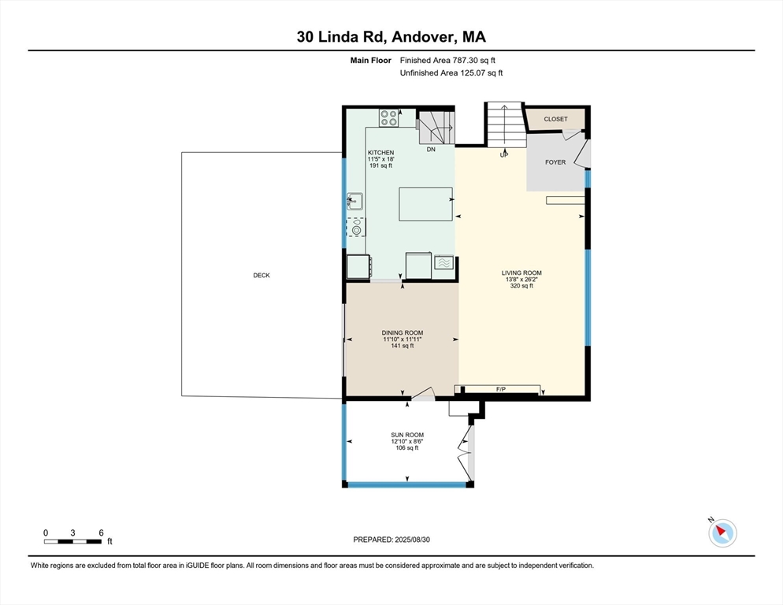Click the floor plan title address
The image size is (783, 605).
coord(391,37)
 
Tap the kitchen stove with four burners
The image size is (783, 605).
coord(388,118)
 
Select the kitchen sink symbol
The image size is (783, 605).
coord(355,202)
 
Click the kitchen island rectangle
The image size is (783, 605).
coord(425,204)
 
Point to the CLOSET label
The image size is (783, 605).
coord(556,120)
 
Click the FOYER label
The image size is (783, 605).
coord(555,162)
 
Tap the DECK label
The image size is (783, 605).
coord(262,275)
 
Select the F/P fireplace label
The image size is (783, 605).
coord(501,389)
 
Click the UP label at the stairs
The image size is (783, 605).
coord(504,155)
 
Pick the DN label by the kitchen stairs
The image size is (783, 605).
coord(431,150)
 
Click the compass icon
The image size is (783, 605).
coord(722,533)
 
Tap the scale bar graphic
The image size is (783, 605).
coord(72,541)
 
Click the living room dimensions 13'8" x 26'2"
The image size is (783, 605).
coord(521,280)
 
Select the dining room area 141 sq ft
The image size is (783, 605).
coord(403,346)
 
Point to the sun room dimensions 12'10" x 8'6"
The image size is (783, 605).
coord(407,442)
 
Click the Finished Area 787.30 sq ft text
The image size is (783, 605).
coord(447,61)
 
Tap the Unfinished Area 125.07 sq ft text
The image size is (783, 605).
coord(451,73)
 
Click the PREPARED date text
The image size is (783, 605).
coord(391,540)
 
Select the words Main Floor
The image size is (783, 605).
coord(370,61)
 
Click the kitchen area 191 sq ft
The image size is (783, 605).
coord(381,165)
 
